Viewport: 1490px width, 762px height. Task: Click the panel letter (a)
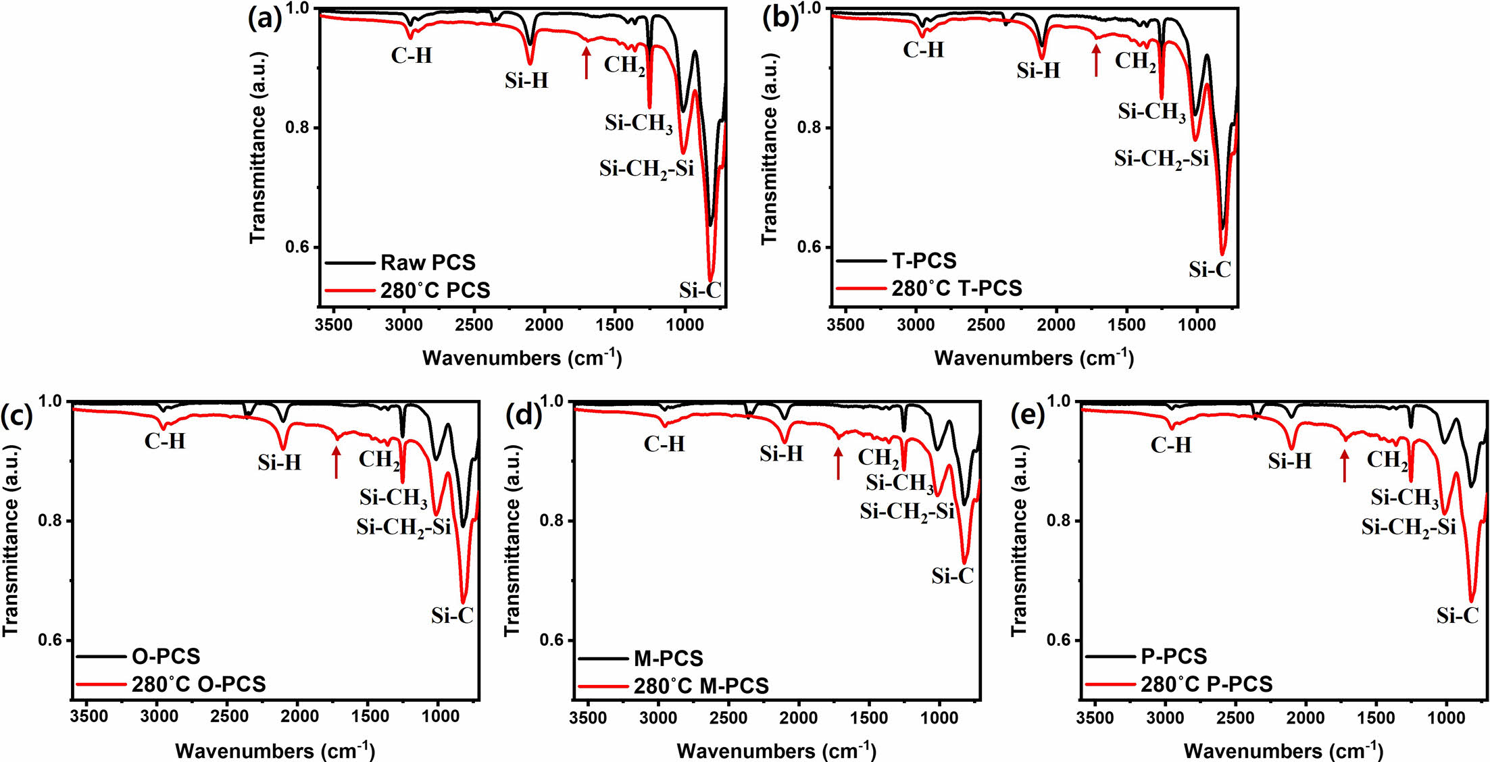click(x=265, y=19)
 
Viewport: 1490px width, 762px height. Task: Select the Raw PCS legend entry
click(x=427, y=262)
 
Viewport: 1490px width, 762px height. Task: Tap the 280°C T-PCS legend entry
click(x=956, y=288)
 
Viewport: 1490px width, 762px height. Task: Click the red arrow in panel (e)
click(x=1344, y=465)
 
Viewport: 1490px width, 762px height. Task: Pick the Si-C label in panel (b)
click(x=1210, y=270)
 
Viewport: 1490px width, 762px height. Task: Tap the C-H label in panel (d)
click(x=664, y=444)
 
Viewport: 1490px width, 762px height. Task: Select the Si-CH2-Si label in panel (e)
click(x=1408, y=527)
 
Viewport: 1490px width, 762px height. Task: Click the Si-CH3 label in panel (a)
click(x=639, y=123)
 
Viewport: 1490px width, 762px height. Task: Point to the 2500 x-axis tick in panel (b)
click(x=986, y=325)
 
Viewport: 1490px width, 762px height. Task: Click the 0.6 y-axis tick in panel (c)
click(x=50, y=640)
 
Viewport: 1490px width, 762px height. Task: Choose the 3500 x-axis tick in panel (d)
click(x=588, y=718)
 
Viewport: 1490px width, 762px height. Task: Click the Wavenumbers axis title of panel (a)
click(x=522, y=357)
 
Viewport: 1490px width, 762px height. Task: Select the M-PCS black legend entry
click(x=668, y=658)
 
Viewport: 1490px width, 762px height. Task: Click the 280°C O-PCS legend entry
click(x=198, y=684)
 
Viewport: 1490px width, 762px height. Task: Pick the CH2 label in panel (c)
click(x=379, y=460)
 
